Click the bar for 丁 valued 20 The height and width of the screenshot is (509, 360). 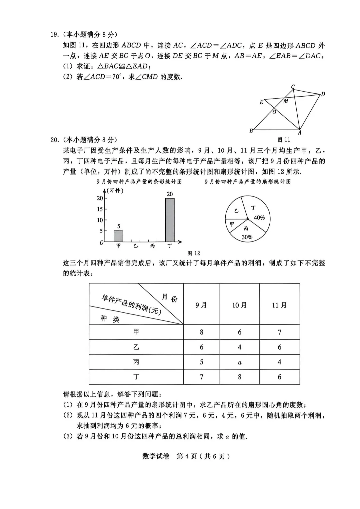(170, 220)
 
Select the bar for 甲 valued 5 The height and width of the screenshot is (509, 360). (118, 236)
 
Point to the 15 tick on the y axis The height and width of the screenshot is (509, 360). (100, 209)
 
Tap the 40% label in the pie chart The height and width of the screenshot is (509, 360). (259, 218)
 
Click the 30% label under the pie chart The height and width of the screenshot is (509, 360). (247, 237)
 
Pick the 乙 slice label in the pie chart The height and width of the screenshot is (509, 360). (236, 211)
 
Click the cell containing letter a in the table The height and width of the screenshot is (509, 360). (240, 362)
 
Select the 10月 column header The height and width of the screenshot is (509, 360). (240, 305)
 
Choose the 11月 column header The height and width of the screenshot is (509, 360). (279, 305)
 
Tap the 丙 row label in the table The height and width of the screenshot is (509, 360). (136, 362)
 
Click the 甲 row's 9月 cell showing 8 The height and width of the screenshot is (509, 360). (201, 332)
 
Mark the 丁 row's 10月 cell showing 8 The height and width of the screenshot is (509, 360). (240, 377)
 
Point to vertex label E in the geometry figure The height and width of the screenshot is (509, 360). (261, 102)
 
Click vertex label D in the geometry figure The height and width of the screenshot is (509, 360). (323, 94)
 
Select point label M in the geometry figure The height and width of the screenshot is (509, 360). (286, 101)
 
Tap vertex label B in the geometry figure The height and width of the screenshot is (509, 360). (251, 131)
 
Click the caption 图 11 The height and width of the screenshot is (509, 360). (284, 140)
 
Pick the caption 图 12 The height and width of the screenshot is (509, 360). (194, 253)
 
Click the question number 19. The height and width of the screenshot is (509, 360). (54, 35)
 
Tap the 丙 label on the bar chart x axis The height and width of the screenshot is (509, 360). (153, 246)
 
